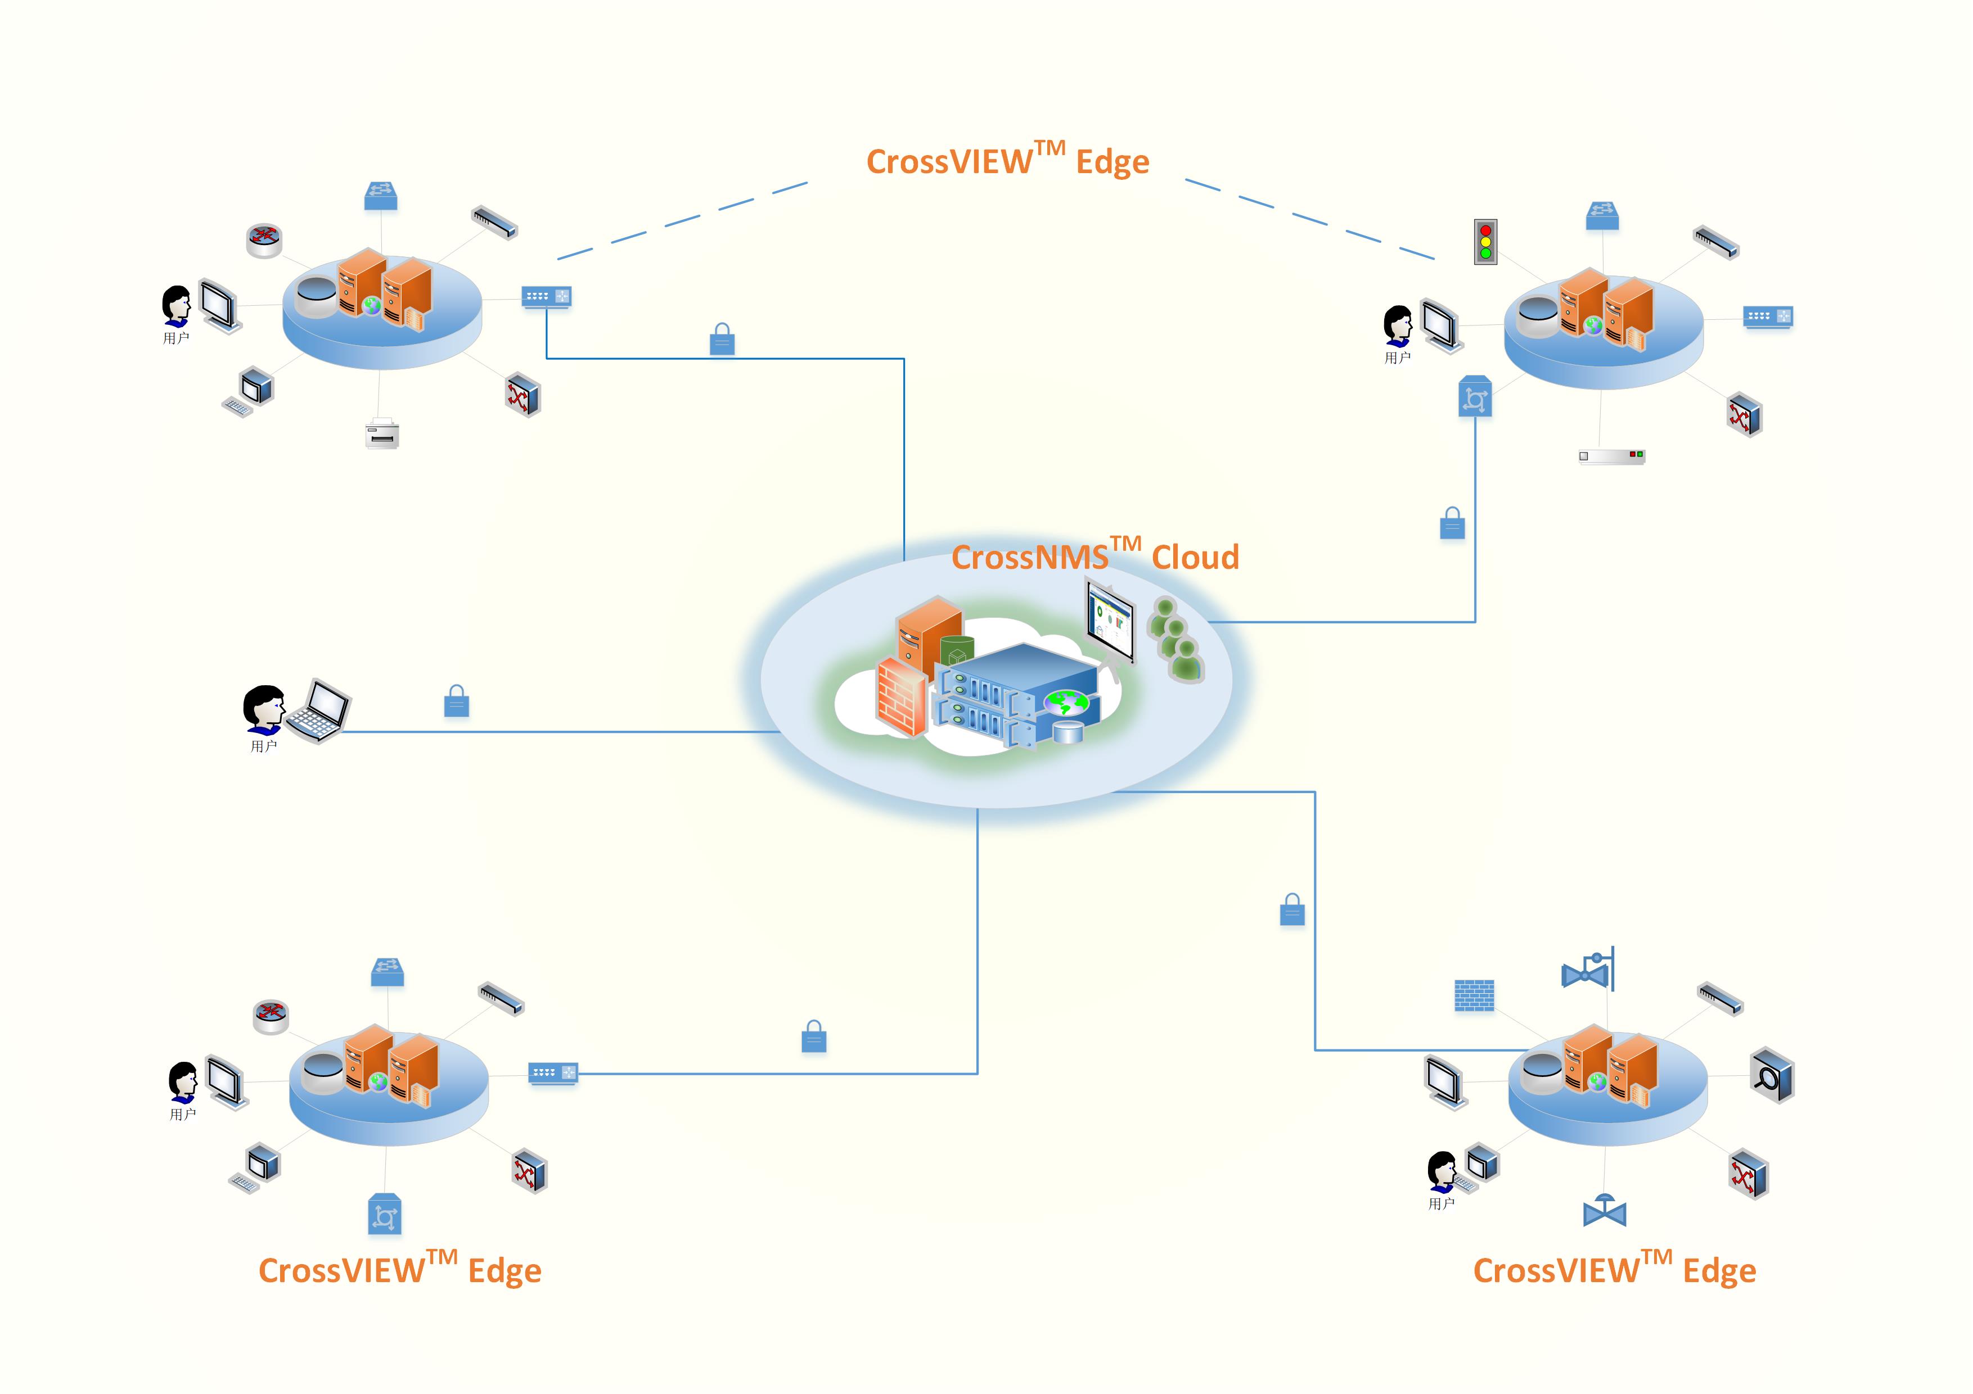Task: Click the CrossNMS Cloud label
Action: click(x=1095, y=556)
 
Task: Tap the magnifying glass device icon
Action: click(x=1772, y=1075)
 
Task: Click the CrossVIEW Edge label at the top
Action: click(x=1007, y=161)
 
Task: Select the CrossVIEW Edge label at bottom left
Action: click(x=399, y=1269)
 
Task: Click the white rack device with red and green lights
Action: click(x=1611, y=456)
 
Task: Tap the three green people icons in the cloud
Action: click(x=1175, y=640)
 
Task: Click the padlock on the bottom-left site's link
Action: click(x=814, y=1038)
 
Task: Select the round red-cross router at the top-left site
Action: click(x=265, y=239)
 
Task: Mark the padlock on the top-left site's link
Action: click(x=722, y=340)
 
